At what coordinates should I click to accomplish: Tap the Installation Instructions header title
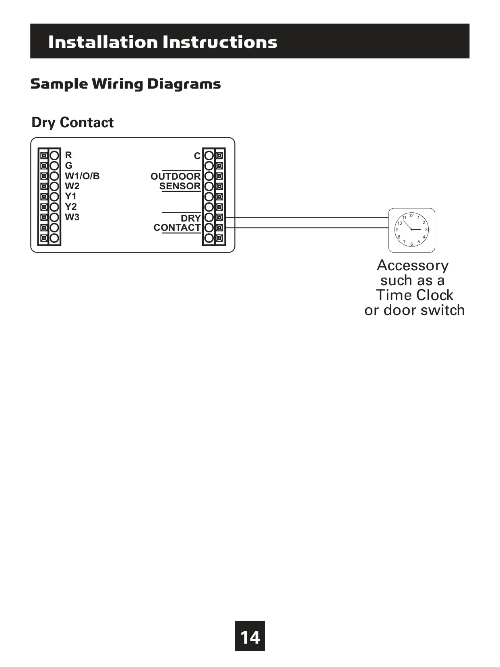point(163,41)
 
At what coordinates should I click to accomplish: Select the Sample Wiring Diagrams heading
point(126,84)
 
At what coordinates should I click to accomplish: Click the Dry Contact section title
point(72,122)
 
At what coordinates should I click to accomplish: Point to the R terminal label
point(68,155)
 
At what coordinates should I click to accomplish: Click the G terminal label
point(68,166)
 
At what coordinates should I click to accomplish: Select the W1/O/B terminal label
point(82,176)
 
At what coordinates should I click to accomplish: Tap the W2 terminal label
point(72,186)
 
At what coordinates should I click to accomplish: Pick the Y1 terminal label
point(70,196)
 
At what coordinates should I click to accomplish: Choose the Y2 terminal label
point(71,207)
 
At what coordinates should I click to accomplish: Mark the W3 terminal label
point(72,217)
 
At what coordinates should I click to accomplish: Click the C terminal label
point(197,156)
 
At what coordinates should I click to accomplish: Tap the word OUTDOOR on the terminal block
point(176,176)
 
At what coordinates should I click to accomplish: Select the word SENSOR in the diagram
point(180,186)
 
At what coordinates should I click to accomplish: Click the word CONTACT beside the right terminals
point(177,227)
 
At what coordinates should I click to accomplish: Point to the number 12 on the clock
point(411,215)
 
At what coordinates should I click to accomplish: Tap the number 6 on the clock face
point(412,244)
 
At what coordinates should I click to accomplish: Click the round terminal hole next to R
point(54,155)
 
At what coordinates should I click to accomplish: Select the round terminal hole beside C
point(209,155)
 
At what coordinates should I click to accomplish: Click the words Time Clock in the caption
point(414,295)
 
